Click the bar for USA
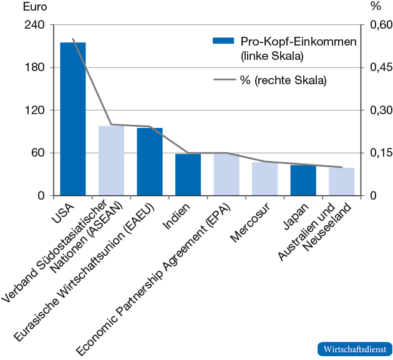(72, 119)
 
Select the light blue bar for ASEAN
(111, 160)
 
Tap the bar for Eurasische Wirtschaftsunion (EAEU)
(150, 162)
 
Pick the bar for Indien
(188, 174)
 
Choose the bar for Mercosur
(264, 178)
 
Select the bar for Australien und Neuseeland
(341, 182)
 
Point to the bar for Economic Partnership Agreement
(226, 174)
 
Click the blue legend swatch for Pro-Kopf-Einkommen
(223, 41)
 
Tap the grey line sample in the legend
(223, 80)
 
